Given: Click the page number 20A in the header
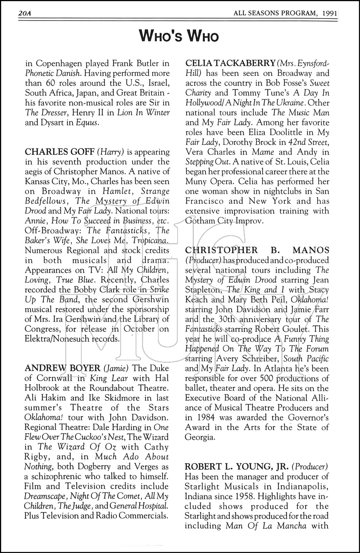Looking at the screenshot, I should (x=24, y=14).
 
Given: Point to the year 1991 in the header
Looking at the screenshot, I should (x=329, y=14).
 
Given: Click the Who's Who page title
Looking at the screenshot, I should (x=179, y=36).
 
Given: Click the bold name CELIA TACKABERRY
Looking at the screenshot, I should (x=230, y=63).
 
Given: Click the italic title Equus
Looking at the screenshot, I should (x=87, y=122).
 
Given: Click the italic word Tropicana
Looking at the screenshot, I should (x=150, y=240).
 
